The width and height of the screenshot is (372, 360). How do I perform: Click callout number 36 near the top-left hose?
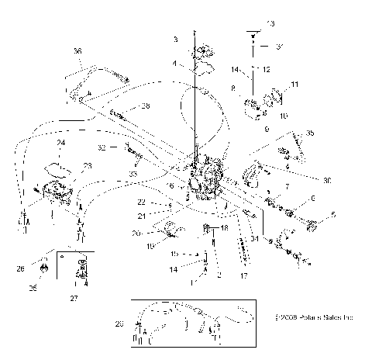tap(77, 51)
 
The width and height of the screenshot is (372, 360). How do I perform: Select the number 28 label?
tap(146, 106)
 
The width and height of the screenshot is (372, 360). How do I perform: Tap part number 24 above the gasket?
tap(60, 144)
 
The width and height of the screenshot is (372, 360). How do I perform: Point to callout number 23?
tap(87, 165)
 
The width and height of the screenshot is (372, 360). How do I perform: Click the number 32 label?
tap(102, 146)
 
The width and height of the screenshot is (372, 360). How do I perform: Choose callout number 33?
tap(133, 175)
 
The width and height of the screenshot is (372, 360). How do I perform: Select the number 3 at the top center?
tap(176, 38)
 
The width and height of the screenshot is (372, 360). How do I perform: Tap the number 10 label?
tap(283, 115)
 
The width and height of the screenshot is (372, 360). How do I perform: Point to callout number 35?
tap(309, 133)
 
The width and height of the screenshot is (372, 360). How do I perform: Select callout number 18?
tap(224, 228)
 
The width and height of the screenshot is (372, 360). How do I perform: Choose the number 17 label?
tap(243, 275)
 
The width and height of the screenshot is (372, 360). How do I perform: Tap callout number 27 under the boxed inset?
tap(74, 297)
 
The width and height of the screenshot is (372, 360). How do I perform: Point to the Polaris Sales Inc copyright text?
tap(319, 317)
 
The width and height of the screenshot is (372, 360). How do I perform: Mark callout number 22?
tap(164, 202)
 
